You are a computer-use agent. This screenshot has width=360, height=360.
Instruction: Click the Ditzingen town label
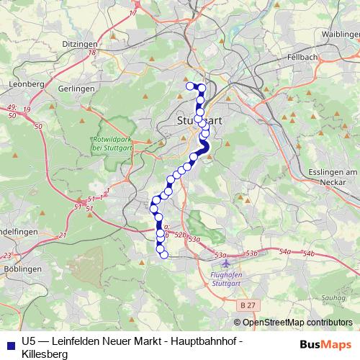(x=79, y=45)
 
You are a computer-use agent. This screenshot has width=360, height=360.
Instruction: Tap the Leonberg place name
(x=26, y=84)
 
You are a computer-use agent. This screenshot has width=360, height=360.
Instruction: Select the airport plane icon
(x=228, y=264)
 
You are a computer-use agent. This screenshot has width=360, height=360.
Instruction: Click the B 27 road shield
(x=248, y=305)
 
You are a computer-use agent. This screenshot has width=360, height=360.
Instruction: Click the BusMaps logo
(x=325, y=343)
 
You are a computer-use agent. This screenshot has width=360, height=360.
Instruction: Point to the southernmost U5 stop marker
(x=163, y=254)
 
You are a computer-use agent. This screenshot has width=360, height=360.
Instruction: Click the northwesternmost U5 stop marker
(x=191, y=86)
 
